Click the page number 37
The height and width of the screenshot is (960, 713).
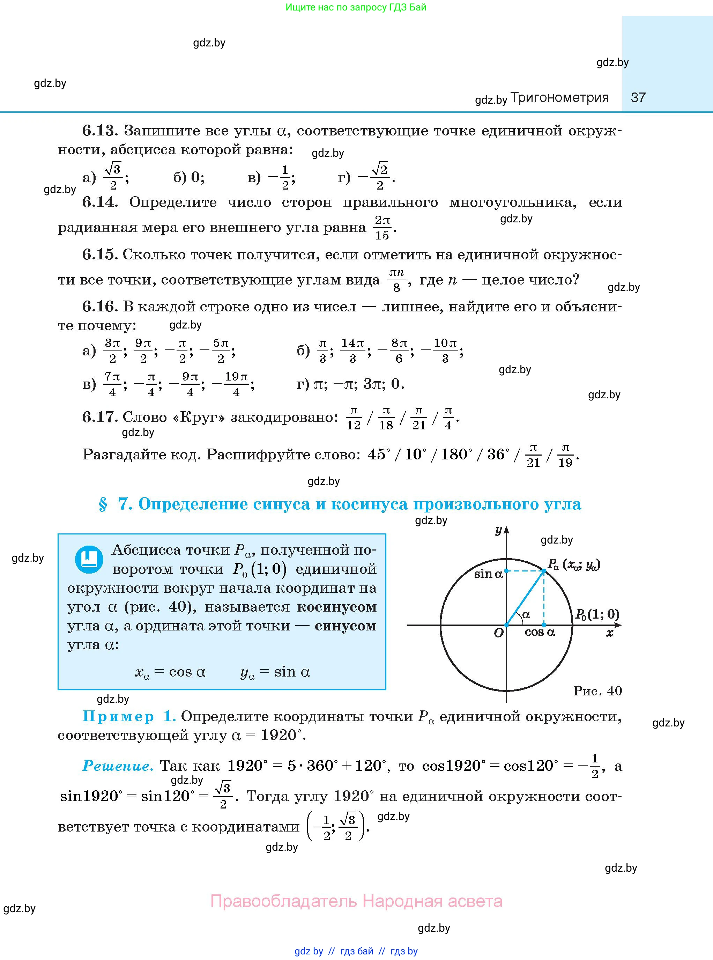[638, 97]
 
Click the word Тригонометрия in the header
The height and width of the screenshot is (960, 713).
[559, 97]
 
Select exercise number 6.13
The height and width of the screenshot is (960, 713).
[100, 130]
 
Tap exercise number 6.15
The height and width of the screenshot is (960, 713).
[100, 255]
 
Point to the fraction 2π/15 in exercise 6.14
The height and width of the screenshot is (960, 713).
[382, 228]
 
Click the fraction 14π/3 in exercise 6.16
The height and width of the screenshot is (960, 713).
[352, 350]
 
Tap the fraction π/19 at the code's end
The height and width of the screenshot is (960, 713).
[565, 456]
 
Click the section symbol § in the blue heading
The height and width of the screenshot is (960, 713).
[103, 504]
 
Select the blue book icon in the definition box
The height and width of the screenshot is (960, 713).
[89, 560]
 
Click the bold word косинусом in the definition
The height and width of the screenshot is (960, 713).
[337, 607]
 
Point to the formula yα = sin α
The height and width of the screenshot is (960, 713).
[275, 672]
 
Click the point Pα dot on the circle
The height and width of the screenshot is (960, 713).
[544, 571]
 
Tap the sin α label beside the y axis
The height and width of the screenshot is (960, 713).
[488, 574]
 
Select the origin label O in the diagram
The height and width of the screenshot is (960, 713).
[498, 633]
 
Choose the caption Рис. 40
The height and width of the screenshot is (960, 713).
[597, 691]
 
